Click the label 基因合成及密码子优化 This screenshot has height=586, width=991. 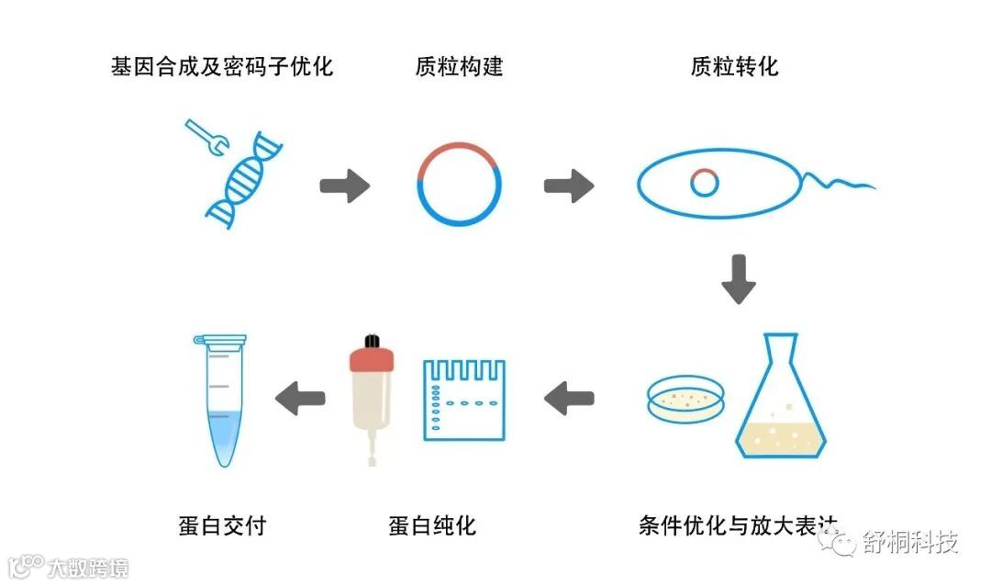221,67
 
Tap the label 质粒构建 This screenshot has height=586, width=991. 459,67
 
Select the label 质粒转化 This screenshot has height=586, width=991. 734,67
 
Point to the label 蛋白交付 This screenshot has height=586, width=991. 221,525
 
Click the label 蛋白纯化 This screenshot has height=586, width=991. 432,525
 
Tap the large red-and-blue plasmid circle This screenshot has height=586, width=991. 459,186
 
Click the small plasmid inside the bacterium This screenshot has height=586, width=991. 704,183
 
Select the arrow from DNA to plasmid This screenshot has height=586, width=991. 344,186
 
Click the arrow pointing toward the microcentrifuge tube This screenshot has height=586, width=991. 300,399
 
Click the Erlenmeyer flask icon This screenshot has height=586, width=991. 782,404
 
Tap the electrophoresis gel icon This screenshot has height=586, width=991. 463,399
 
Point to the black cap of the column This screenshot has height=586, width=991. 372,341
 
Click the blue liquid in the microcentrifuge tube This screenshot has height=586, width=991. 220,436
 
